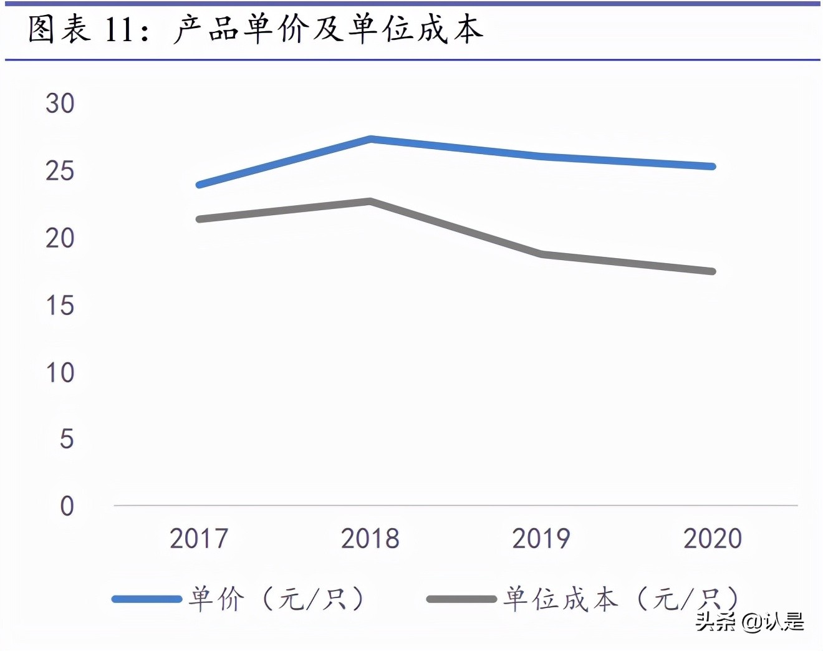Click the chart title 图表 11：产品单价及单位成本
[256, 30]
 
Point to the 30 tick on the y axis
[60, 104]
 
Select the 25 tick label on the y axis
[60, 171]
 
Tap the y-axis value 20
[60, 238]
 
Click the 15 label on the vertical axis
[60, 306]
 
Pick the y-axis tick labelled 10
[60, 373]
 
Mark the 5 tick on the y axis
[67, 440]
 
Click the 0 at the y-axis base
[67, 506]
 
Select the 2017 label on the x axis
[199, 539]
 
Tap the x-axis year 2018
[370, 539]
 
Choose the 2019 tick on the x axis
[541, 539]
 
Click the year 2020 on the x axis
[713, 539]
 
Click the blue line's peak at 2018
[370, 138]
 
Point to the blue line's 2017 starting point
[199, 185]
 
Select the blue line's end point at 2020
[713, 166]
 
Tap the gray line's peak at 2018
[370, 201]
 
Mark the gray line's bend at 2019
[542, 254]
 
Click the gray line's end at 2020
[713, 271]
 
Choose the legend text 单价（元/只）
[276, 599]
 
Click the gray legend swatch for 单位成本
[461, 599]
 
